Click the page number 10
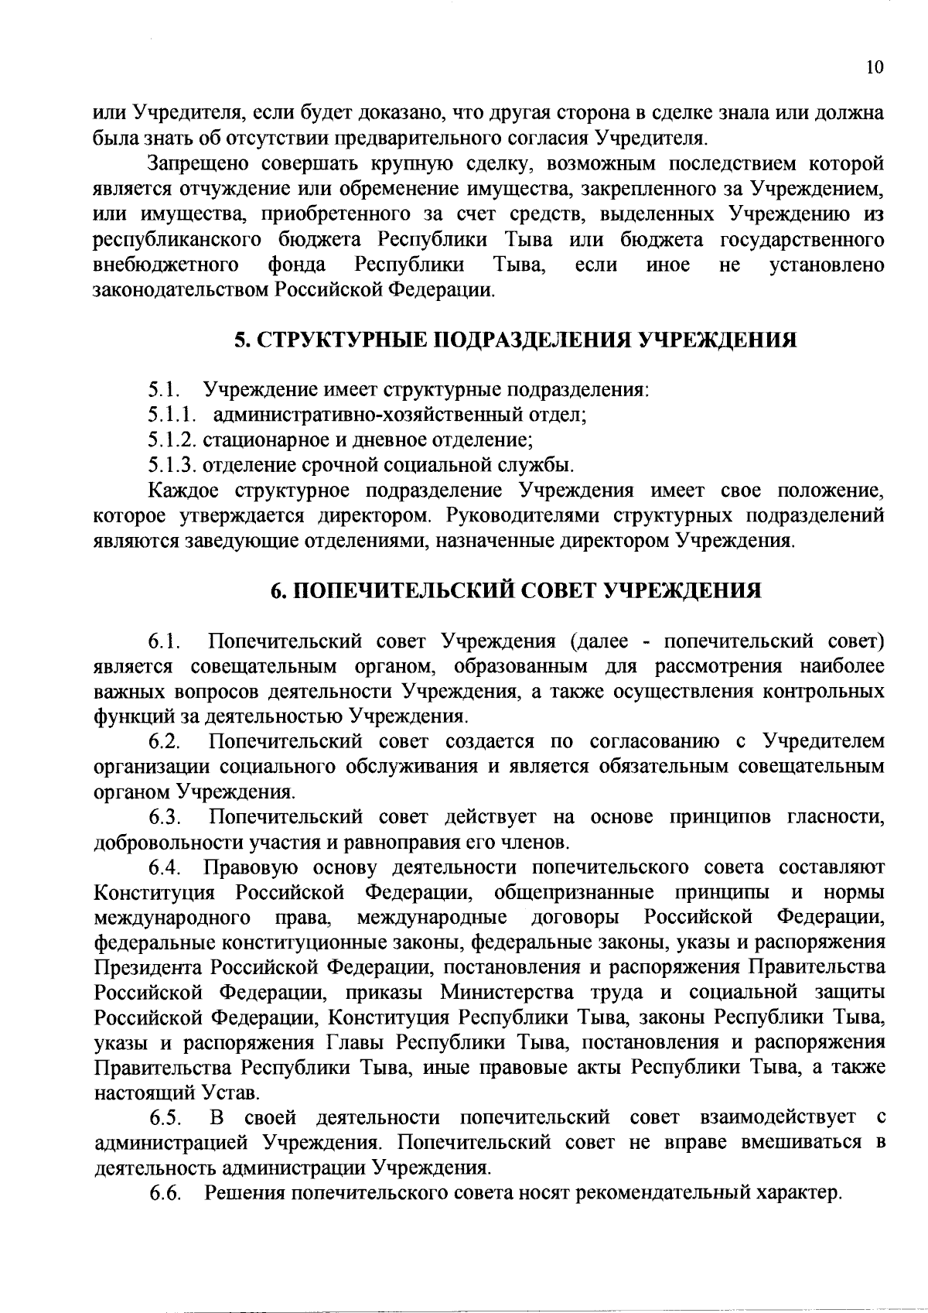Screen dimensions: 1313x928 [874, 67]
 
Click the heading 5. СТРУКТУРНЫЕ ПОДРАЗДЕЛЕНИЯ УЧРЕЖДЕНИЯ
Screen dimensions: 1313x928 [515, 340]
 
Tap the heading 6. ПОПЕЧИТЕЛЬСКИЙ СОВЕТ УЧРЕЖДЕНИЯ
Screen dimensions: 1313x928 [515, 591]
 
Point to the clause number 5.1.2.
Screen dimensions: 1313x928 [173, 441]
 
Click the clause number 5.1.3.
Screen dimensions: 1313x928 [173, 466]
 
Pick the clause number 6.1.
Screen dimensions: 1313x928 [165, 642]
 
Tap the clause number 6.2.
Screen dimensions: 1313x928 [165, 742]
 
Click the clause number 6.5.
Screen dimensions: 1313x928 [165, 1118]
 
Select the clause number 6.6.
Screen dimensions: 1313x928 [165, 1194]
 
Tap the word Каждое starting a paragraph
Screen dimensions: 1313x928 [184, 491]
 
